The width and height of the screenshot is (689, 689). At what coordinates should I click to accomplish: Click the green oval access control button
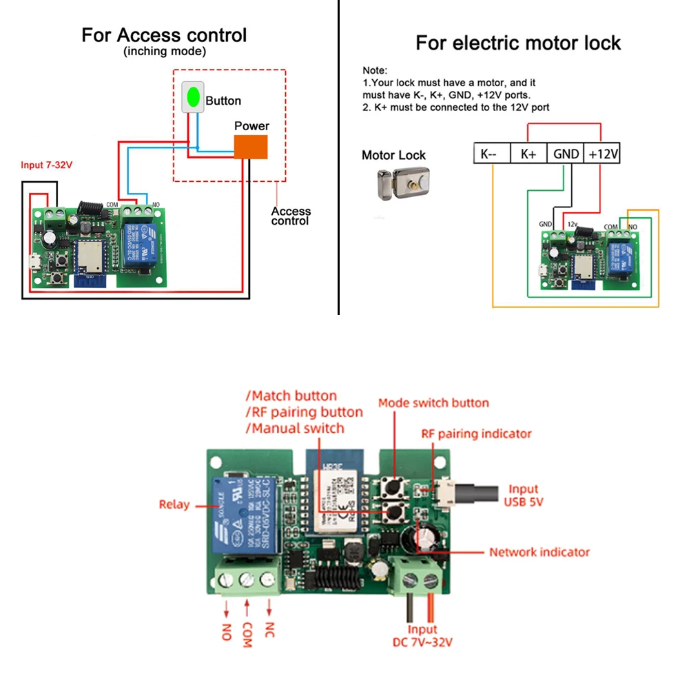(x=194, y=97)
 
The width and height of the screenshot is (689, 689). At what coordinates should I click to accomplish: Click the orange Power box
(x=251, y=147)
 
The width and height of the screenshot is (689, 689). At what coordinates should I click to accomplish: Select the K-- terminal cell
(x=491, y=154)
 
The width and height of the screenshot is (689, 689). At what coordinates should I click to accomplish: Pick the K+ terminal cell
(x=528, y=154)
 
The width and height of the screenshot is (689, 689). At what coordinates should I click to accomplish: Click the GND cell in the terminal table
(x=566, y=154)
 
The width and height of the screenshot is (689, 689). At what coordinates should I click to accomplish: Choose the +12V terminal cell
(x=602, y=154)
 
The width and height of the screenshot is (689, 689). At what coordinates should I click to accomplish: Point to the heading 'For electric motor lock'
(x=518, y=43)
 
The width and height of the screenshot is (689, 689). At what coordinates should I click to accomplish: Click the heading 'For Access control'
(x=164, y=35)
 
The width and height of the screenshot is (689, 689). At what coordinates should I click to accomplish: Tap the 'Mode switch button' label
(x=433, y=403)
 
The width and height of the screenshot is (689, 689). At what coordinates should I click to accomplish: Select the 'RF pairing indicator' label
(x=476, y=434)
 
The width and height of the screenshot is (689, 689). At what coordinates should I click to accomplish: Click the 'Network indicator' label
(x=539, y=552)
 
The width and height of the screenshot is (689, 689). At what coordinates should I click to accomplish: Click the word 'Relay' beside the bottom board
(x=174, y=504)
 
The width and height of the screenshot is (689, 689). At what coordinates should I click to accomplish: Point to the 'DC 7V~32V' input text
(x=422, y=642)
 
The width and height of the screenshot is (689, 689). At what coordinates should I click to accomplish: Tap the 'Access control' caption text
(x=291, y=216)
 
